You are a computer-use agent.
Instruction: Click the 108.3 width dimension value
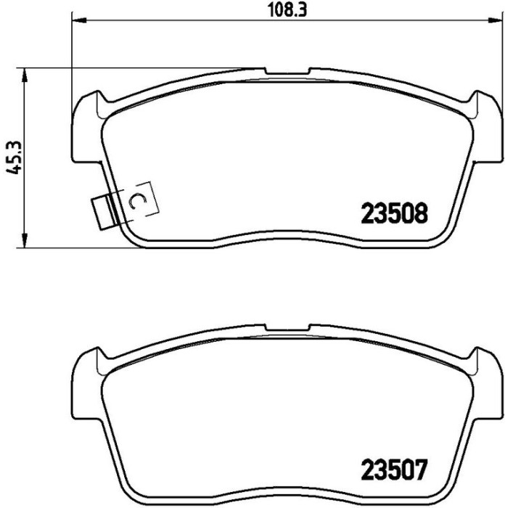pyautogui.click(x=287, y=10)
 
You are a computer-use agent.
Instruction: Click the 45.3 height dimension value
pyautogui.click(x=14, y=157)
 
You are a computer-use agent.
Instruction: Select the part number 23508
pyautogui.click(x=394, y=213)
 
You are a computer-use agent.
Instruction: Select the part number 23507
pyautogui.click(x=393, y=470)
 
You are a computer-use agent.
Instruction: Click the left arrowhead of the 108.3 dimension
pyautogui.click(x=79, y=21)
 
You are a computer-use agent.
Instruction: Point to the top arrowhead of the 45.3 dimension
pyautogui.click(x=24, y=76)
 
